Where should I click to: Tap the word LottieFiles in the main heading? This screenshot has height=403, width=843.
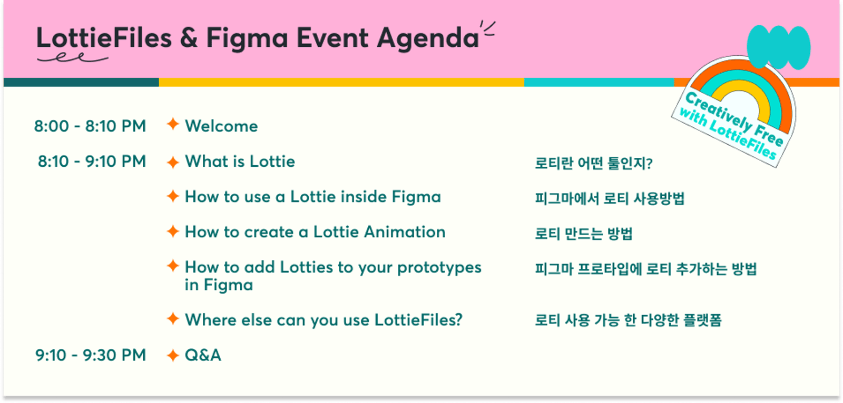104,38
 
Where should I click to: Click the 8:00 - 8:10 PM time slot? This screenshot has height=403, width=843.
90,126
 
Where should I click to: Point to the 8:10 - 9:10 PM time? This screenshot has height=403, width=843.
92,162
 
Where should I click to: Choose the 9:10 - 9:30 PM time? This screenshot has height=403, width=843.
90,355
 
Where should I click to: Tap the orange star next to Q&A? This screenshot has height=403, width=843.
173,355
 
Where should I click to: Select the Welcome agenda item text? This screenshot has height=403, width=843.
221,126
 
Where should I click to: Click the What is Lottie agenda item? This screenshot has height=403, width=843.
240,162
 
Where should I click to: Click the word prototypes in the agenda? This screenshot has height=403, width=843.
439,268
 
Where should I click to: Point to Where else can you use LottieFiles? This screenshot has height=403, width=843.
324,320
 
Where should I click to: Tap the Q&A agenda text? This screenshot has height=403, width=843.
203,355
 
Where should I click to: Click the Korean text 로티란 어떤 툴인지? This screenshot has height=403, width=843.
593,163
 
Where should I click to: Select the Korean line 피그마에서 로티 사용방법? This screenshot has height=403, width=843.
610,198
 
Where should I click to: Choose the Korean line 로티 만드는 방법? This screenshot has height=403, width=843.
584,234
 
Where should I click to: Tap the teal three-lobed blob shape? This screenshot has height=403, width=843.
778,47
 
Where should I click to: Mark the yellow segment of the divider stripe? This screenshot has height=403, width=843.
341,82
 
